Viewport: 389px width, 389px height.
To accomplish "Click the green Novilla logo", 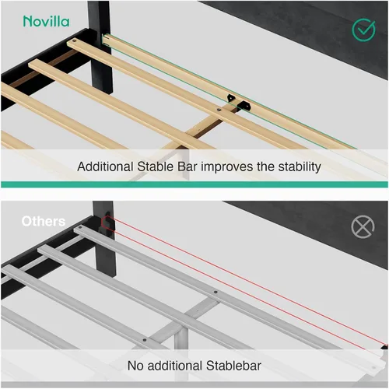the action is tap(46, 21).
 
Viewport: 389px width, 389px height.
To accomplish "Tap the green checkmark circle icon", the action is tap(363, 30).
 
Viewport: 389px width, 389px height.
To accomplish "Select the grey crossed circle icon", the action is tap(363, 226).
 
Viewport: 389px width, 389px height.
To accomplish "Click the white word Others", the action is tap(44, 222).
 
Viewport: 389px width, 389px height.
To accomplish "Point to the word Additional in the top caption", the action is tap(105, 166).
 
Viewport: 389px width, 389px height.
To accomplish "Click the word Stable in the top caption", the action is tap(155, 166).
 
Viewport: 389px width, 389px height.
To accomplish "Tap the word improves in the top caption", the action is tap(227, 167).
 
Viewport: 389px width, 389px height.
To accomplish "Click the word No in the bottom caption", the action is tap(135, 366).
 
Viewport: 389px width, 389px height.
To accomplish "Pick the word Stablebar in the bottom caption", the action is tap(233, 366).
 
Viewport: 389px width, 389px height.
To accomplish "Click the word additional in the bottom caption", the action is tap(175, 366).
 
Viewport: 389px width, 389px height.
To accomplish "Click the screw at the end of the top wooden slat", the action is tap(75, 41).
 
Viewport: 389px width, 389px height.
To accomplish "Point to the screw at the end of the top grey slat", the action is tap(80, 228).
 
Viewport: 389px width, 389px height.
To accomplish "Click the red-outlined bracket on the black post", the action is tap(107, 223).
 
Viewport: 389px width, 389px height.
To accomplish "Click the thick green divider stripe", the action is tap(194, 184).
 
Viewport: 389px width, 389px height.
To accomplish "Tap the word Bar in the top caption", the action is tap(187, 166).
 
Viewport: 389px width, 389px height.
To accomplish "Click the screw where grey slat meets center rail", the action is tap(216, 293).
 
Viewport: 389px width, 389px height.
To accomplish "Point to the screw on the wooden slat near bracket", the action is tap(219, 110).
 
